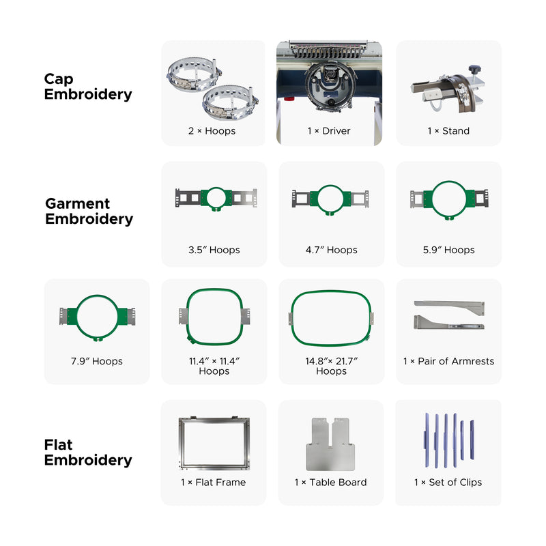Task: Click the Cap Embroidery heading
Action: coord(88,87)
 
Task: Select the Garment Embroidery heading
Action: coord(89,212)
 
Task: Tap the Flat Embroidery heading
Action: coord(88,452)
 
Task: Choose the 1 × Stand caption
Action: coord(448,130)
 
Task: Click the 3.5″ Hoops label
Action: coord(214,250)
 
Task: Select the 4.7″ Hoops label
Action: coord(331,250)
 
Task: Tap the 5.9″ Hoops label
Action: coord(448,250)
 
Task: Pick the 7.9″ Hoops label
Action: coord(96,361)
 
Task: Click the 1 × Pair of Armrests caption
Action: coord(448,361)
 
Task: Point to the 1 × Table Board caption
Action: coord(331,482)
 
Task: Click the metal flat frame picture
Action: coord(214,444)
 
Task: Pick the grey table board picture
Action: coord(331,444)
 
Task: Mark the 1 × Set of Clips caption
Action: coord(448,482)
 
